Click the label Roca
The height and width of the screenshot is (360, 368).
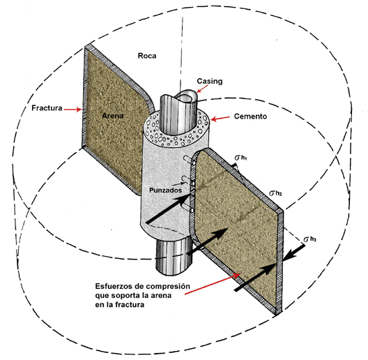point(147,56)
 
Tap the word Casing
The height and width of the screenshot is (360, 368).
point(210,82)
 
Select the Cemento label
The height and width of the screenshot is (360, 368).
point(250,117)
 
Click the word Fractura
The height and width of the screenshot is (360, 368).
point(47,108)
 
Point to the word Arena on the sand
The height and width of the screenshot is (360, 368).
point(113,116)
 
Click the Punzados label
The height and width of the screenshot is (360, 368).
point(165,190)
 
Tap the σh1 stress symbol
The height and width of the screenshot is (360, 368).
point(240,158)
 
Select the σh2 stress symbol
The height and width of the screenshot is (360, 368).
point(275,193)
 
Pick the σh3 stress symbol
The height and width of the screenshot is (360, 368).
point(309,239)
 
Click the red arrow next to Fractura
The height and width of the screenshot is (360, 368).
point(72,110)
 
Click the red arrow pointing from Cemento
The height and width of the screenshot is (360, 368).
point(220,119)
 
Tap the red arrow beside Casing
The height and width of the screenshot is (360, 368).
point(202,89)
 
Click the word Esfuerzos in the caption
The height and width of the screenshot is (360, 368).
point(114,286)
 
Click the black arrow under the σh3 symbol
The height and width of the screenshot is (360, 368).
point(294,253)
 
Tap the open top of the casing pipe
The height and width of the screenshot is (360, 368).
point(187,96)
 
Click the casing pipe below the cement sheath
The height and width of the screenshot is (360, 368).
point(173,256)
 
